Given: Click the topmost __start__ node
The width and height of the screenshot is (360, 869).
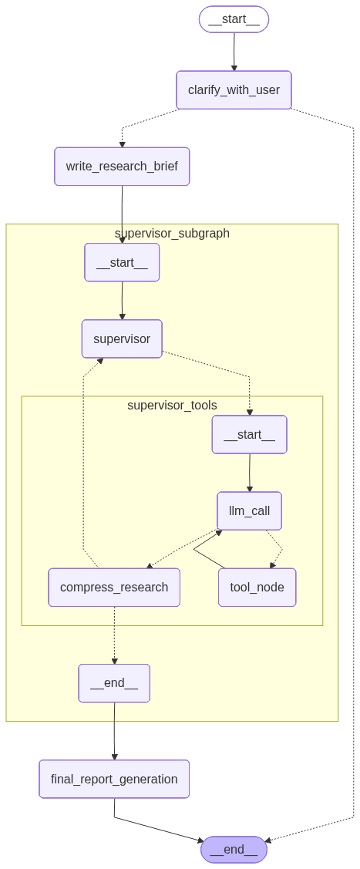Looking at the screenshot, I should pos(234,19).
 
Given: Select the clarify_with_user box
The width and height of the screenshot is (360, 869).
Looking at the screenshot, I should pos(234,90).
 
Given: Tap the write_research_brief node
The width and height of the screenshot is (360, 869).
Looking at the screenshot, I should pos(122,167).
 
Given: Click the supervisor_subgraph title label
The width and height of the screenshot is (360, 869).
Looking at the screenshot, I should pos(172,233).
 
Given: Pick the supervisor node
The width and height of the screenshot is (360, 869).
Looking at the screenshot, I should pos(122,339).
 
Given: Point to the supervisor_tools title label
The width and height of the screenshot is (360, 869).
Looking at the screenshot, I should pos(172,405).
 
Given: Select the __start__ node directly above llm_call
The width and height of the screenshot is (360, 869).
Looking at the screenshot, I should pos(249,435).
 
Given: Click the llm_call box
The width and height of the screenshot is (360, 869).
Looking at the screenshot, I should pos(249,510).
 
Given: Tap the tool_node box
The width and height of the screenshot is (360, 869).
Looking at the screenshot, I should pos(257,588).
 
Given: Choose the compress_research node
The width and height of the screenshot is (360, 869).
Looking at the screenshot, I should pos(114,588).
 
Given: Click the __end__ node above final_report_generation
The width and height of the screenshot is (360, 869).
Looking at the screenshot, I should pos(114,683).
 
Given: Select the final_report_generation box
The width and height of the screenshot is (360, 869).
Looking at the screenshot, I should pos(114,779).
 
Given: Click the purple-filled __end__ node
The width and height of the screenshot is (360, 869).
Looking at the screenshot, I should pos(234,850).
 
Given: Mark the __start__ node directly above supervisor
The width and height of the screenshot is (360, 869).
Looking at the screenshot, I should pos(122,262).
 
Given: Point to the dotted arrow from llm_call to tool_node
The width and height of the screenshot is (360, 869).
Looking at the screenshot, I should pos(276,549).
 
